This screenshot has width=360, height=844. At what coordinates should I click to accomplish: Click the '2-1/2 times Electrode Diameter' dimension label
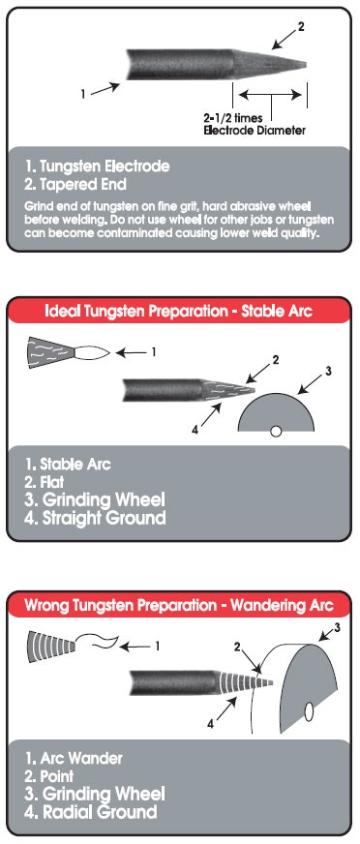(254, 124)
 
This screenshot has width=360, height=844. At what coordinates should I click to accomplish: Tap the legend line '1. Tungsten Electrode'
(97, 166)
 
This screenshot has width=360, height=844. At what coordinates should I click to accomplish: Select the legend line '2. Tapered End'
(75, 185)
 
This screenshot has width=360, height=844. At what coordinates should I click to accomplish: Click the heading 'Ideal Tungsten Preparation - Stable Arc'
(178, 311)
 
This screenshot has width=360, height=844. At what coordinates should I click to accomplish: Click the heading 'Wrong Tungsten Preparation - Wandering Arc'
(179, 605)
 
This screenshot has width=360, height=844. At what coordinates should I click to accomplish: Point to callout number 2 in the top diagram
(301, 26)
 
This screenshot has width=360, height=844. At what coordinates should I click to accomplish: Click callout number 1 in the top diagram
(83, 94)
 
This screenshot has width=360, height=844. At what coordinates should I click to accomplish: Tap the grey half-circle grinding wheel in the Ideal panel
(276, 412)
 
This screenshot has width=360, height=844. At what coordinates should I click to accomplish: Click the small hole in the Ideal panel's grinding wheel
(276, 431)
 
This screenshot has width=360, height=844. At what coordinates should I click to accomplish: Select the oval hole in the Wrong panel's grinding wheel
(310, 712)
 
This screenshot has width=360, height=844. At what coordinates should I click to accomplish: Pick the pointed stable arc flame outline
(92, 353)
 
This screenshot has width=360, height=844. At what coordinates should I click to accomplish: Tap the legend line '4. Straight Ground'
(95, 518)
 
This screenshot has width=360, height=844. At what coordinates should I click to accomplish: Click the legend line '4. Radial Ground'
(91, 812)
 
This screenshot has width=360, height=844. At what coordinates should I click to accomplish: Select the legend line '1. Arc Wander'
(74, 759)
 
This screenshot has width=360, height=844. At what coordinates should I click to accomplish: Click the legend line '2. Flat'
(45, 481)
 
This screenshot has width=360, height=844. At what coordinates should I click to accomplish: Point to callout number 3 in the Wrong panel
(338, 626)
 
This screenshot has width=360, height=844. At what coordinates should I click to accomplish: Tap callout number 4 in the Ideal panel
(195, 430)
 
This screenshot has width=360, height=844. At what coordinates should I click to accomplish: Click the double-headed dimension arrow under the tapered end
(270, 95)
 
